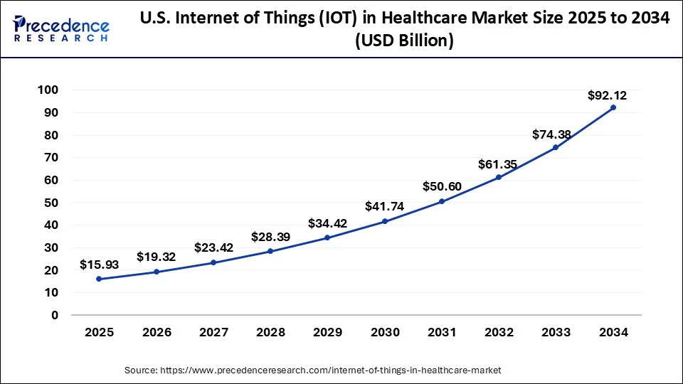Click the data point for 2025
coord(99,279)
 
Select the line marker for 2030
coord(385,221)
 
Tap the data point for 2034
coord(613,107)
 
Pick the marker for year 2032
coord(499,177)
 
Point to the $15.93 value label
coord(99,265)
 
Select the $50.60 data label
coord(442,186)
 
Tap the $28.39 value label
coord(270,237)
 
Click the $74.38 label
coord(551,135)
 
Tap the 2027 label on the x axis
coord(213,332)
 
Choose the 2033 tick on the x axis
coord(556,332)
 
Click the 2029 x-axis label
coord(327,332)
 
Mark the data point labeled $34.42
coord(327,238)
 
